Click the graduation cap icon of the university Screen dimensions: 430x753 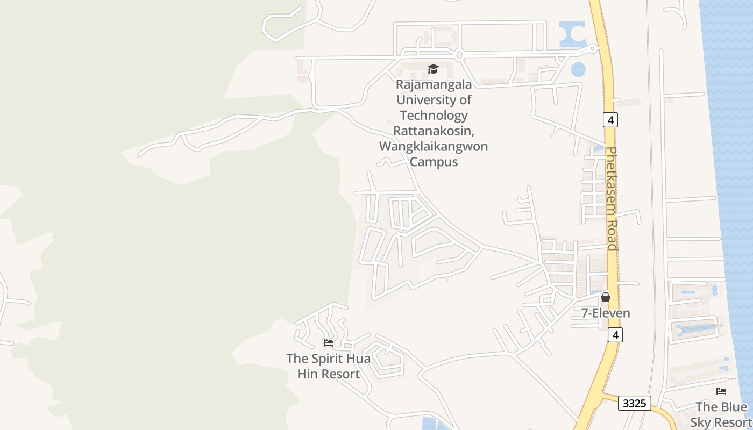click(x=433, y=69)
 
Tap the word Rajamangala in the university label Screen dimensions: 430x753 click(x=434, y=84)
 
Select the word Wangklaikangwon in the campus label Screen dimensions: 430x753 click(x=434, y=146)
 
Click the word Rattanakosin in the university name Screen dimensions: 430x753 click(x=434, y=131)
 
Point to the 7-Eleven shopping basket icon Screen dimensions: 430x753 click(x=606, y=297)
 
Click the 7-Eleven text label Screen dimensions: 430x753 click(x=606, y=313)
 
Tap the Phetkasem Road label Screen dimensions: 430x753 click(x=612, y=199)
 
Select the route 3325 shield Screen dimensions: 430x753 click(x=634, y=403)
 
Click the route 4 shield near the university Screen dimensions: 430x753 click(x=610, y=119)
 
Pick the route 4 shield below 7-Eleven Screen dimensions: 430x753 click(x=615, y=335)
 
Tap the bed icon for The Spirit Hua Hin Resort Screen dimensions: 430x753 click(x=329, y=342)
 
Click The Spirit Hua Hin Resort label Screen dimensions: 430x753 click(x=328, y=366)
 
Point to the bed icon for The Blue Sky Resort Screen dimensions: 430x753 click(x=721, y=391)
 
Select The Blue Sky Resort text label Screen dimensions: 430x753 click(x=721, y=414)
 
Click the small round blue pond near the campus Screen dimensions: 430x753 click(x=578, y=69)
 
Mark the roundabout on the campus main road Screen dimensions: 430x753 click(x=459, y=55)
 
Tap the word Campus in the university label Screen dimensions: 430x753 click(x=434, y=162)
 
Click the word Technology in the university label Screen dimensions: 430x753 click(x=434, y=115)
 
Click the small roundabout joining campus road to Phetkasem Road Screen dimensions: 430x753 click(x=593, y=48)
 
